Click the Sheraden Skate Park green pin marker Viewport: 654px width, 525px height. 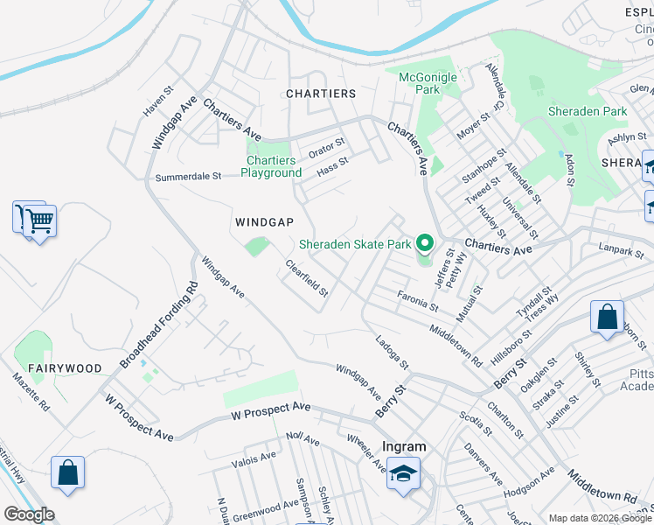[x=425, y=242]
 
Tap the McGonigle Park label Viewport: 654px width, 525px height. [x=428, y=83]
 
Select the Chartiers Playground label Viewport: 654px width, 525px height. [x=271, y=166]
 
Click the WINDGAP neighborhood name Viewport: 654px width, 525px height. [x=264, y=222]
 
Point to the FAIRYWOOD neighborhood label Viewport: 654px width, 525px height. [x=64, y=368]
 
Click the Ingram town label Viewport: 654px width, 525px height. [x=405, y=446]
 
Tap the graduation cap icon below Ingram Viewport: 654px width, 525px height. [x=403, y=474]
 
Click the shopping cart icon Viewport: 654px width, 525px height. [x=39, y=220]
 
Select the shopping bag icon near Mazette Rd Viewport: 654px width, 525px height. [x=67, y=473]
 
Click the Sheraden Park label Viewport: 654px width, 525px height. [x=588, y=111]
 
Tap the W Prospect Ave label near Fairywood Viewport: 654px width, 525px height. [x=138, y=417]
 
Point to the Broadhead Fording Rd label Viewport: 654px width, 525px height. [x=159, y=323]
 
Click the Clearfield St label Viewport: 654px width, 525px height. [x=307, y=278]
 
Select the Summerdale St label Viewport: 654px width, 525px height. [x=188, y=177]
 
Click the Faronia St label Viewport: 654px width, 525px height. [x=417, y=302]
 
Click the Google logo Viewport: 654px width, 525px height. [x=29, y=514]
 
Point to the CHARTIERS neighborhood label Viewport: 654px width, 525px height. [x=321, y=94]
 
